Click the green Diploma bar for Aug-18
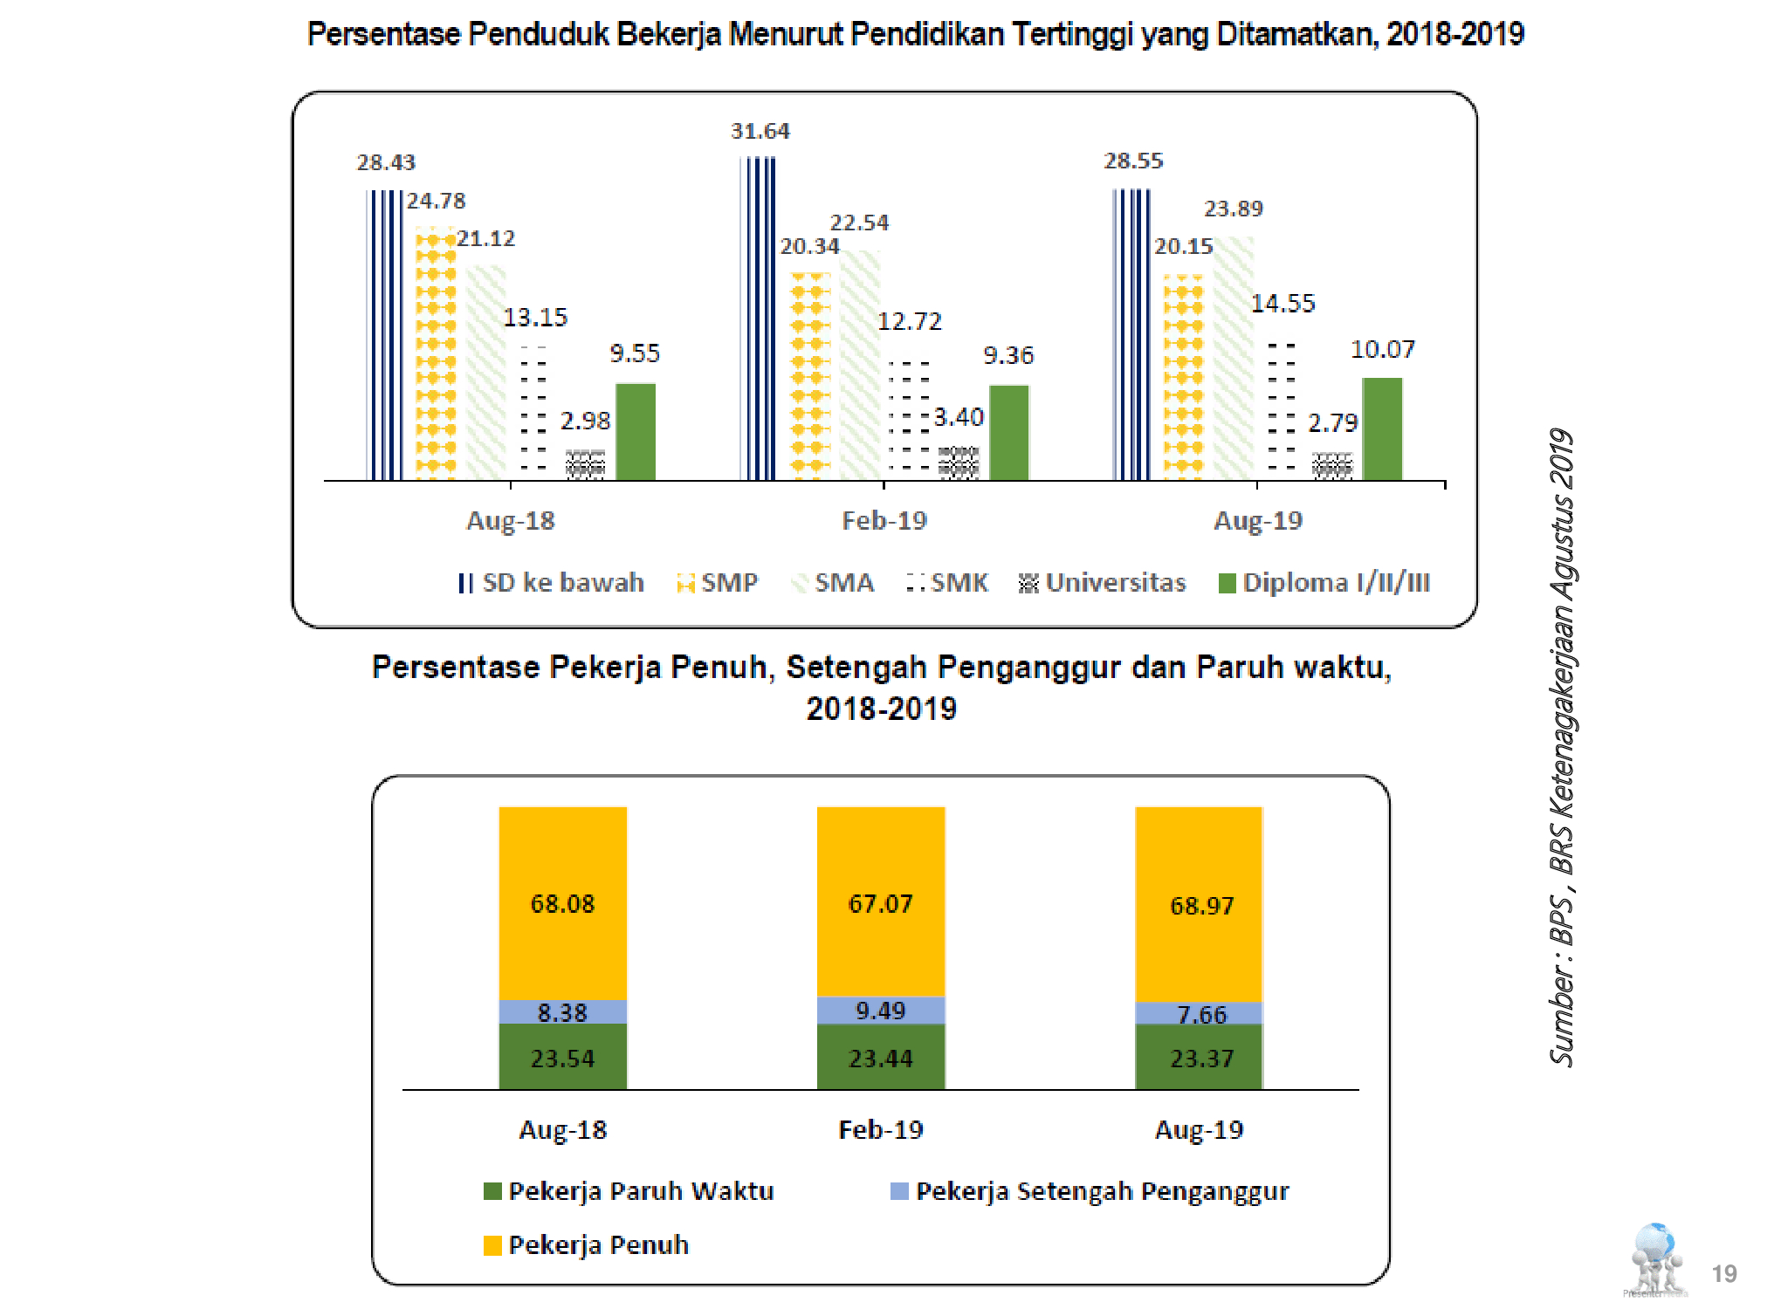point(636,431)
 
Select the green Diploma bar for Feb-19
point(1009,432)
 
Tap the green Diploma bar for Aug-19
point(1382,428)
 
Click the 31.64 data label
point(760,131)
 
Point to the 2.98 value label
point(585,421)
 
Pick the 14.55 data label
point(1283,303)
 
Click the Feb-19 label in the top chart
point(884,520)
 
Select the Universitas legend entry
point(1103,582)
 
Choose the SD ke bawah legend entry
point(552,582)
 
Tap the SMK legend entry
point(948,582)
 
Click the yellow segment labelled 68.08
point(562,903)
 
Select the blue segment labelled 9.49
point(880,1011)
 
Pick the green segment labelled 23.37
point(1201,1058)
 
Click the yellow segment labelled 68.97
point(1201,905)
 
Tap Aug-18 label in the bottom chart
point(562,1129)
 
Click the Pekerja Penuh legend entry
point(587,1244)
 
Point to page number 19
point(1723,1273)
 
